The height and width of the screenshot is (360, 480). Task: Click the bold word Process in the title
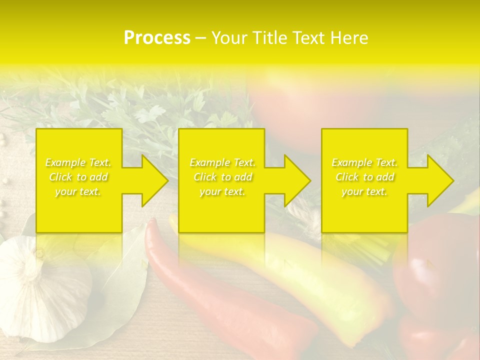click(x=157, y=38)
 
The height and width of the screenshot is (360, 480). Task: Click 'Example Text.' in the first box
click(x=78, y=162)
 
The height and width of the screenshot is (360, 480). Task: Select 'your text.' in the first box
click(x=78, y=191)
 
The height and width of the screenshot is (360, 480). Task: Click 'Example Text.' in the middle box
click(x=222, y=162)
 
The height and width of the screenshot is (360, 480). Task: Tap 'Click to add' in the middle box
click(x=222, y=177)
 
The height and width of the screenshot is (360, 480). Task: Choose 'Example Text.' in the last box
click(x=364, y=162)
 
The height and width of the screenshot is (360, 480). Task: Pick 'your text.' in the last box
click(x=364, y=191)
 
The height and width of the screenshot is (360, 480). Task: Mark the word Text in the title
click(x=309, y=38)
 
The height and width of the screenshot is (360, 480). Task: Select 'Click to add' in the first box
click(x=78, y=177)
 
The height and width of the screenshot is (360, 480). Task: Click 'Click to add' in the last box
click(x=364, y=177)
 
